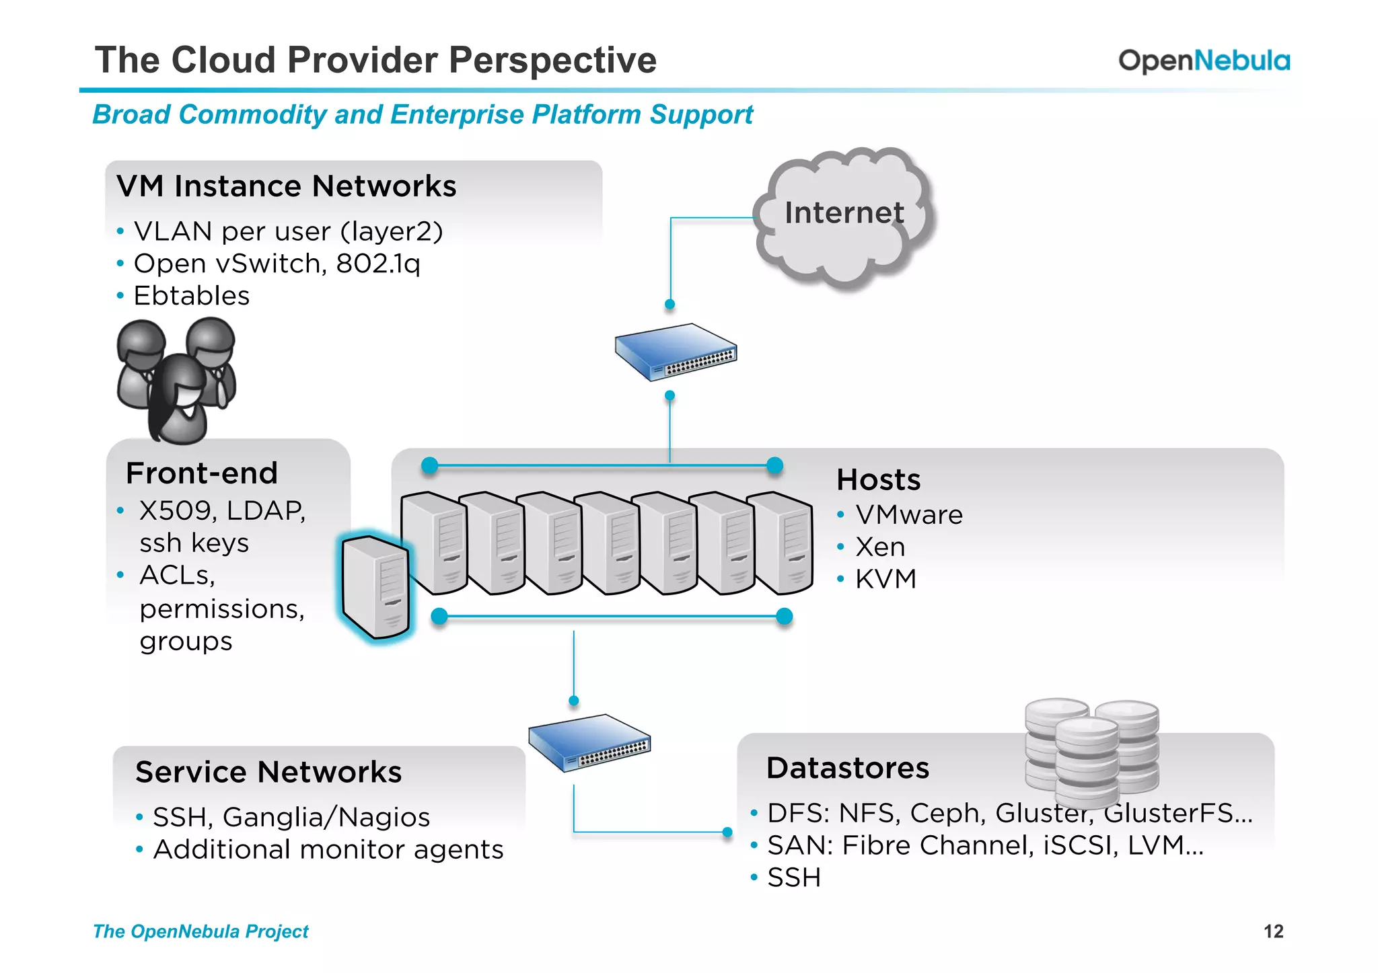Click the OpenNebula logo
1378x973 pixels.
click(x=1204, y=61)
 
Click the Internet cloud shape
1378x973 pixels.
click(x=844, y=215)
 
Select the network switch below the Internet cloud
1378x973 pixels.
click(x=676, y=352)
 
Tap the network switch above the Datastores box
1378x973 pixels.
click(x=589, y=742)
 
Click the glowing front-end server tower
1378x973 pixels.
click(x=375, y=587)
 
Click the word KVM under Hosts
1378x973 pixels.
click(x=885, y=579)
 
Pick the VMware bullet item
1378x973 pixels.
click(x=908, y=515)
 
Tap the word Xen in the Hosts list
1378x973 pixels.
click(x=880, y=547)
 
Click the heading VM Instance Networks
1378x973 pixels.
click(x=286, y=186)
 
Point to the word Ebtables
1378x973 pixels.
click(x=192, y=296)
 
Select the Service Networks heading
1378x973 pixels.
click(x=268, y=772)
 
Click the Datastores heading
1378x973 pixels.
click(x=848, y=768)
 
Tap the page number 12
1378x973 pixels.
click(x=1273, y=931)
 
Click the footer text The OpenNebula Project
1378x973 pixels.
click(x=201, y=931)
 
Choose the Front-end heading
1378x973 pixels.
click(x=202, y=473)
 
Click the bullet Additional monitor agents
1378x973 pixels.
click(x=328, y=849)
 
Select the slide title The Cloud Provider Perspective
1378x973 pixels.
click(x=375, y=60)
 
